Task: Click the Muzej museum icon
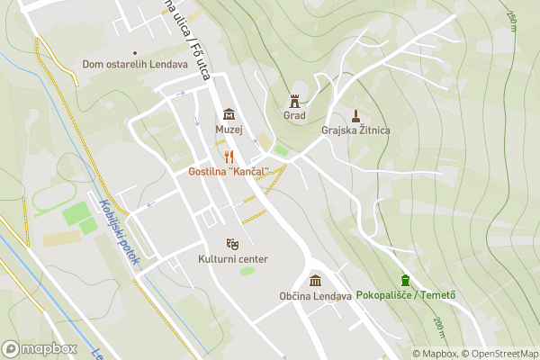point(229,114)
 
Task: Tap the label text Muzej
point(229,130)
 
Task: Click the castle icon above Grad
point(294,100)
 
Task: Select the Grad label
point(294,115)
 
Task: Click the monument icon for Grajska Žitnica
point(355,115)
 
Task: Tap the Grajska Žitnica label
point(355,130)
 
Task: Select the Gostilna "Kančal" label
point(229,171)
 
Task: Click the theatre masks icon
point(232,244)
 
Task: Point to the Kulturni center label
point(232,259)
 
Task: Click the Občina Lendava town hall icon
point(315,280)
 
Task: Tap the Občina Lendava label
point(315,296)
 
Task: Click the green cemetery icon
point(406,279)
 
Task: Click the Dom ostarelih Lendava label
point(134,64)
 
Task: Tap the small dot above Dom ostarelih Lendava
point(135,52)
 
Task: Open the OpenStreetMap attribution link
point(499,354)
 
